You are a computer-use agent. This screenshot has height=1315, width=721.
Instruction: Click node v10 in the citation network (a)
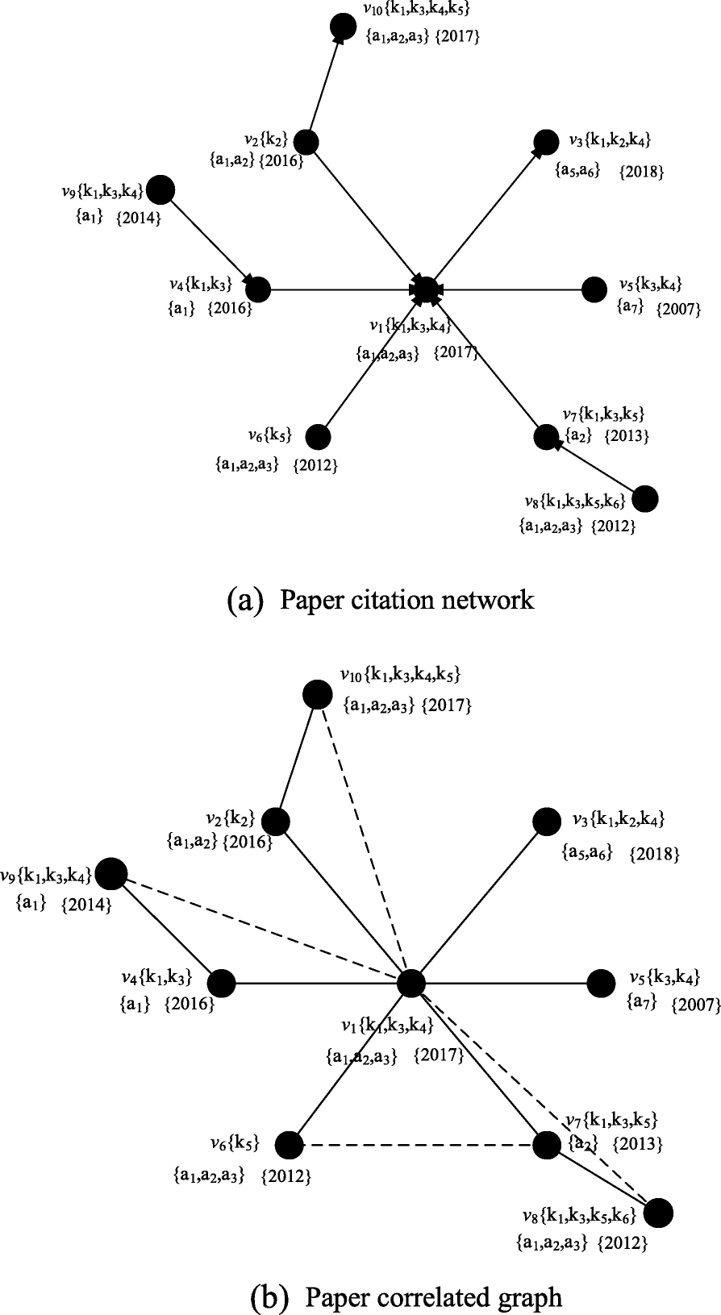point(343,27)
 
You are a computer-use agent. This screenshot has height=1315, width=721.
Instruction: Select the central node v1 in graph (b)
point(411,983)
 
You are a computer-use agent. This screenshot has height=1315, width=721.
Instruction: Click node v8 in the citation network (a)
point(644,499)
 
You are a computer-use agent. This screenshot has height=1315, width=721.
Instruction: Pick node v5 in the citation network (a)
point(594,289)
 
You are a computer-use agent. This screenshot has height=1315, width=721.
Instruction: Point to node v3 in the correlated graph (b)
point(548,822)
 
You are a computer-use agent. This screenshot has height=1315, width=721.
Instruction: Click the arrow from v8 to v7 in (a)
point(596,468)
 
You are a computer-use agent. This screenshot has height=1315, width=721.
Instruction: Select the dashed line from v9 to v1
point(258,927)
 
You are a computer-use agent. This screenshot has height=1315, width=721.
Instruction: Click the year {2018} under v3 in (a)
point(642,172)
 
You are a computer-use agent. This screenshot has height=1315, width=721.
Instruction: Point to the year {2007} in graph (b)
point(694,1005)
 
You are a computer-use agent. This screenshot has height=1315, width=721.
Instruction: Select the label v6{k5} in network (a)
point(269,436)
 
